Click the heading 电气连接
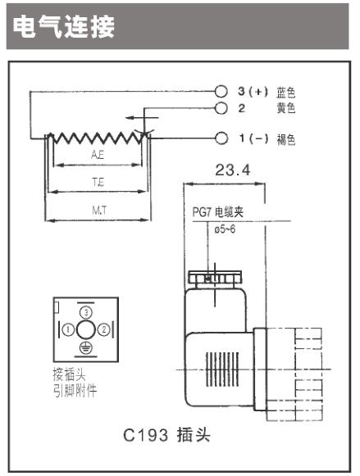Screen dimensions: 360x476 [x=64, y=27]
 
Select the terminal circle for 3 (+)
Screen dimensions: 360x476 [x=221, y=92]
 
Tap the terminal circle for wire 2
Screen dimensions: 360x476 [x=221, y=108]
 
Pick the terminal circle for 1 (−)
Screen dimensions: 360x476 [x=221, y=138]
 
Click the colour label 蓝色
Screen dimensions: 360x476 [x=285, y=93]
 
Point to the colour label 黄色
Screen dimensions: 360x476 [x=285, y=108]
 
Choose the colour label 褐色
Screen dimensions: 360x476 [x=285, y=139]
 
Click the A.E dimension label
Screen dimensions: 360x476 [x=98, y=155]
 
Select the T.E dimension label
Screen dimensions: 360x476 [x=98, y=182]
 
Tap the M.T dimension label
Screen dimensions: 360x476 [x=99, y=210]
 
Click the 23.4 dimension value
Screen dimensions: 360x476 [x=233, y=170]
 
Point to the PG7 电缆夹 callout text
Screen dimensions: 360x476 [x=218, y=212]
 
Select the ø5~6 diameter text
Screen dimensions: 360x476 [x=225, y=229]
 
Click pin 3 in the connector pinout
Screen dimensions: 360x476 [x=86, y=312]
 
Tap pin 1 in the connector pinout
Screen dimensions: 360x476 [x=68, y=329]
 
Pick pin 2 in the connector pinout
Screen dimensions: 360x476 [x=104, y=329]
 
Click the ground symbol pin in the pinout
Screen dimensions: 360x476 [x=86, y=347]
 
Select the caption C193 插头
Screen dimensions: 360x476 [x=166, y=435]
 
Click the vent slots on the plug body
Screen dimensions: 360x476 [x=222, y=369]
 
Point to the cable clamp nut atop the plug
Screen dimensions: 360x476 [x=215, y=277]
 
